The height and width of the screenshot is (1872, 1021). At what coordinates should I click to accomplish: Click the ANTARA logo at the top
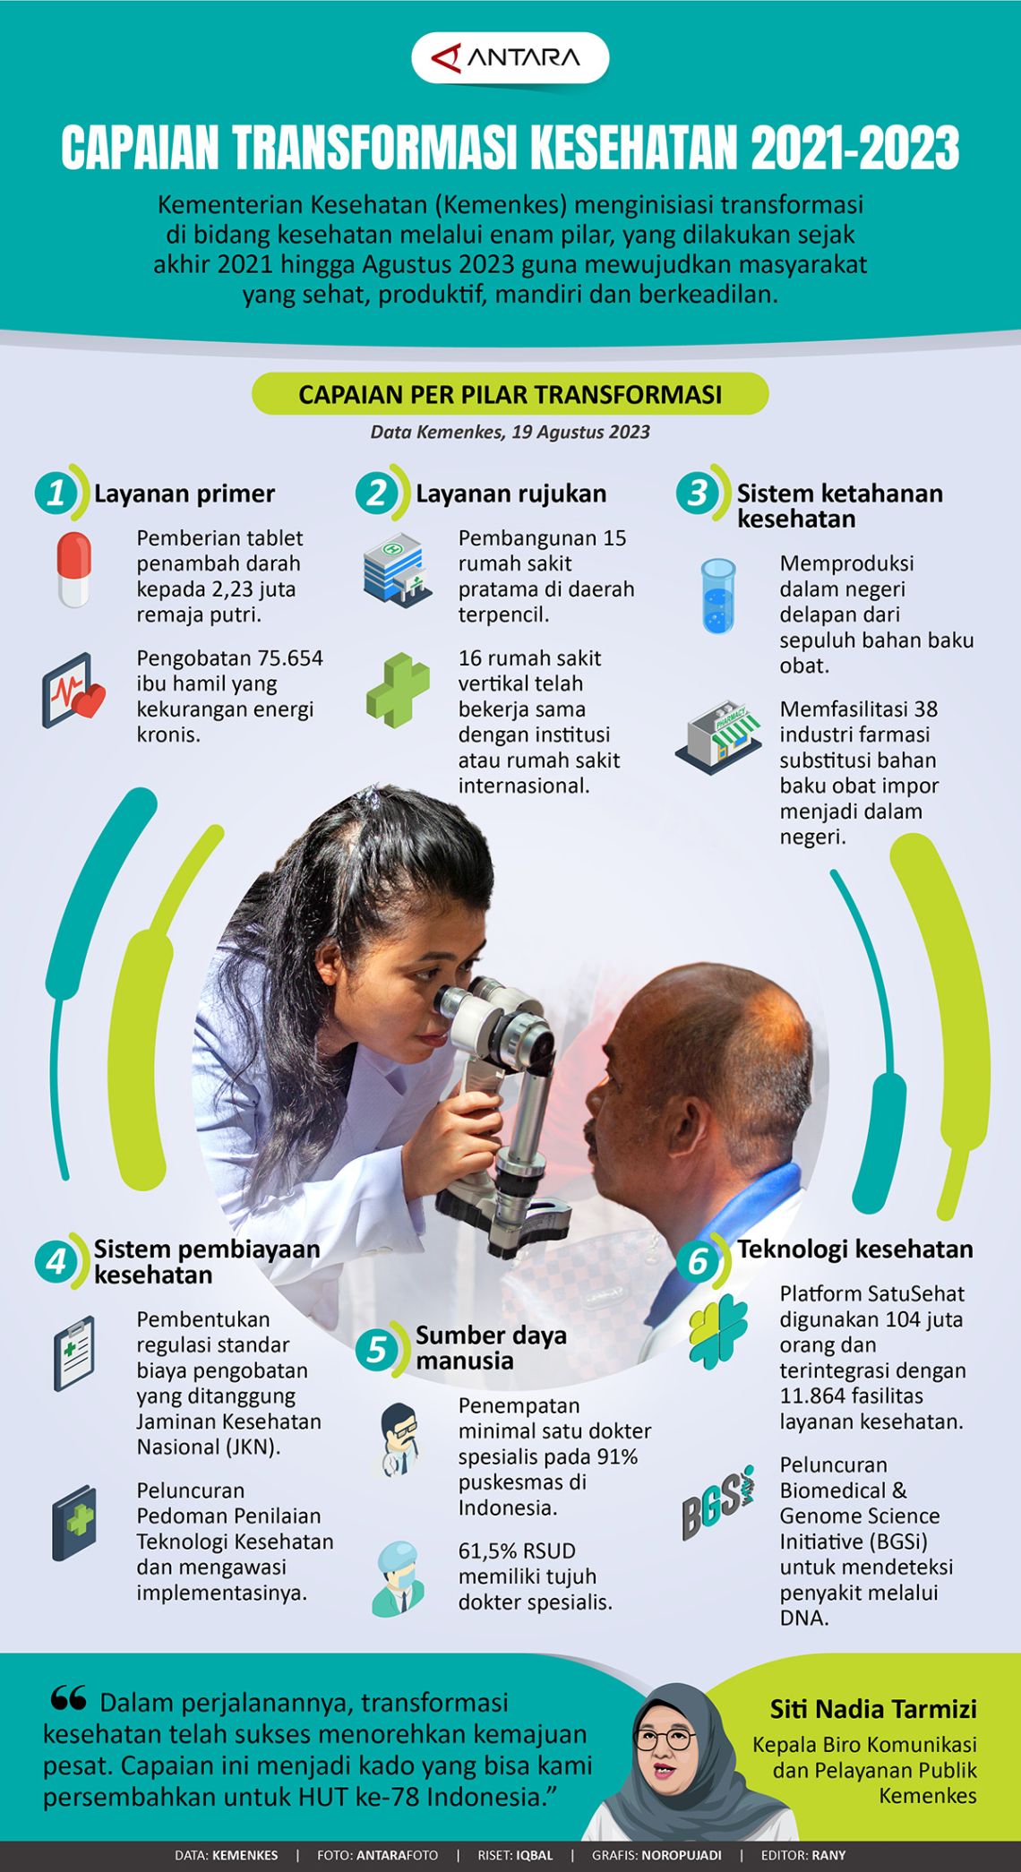[510, 58]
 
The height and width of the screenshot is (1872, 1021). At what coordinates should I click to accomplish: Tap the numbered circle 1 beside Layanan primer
[56, 493]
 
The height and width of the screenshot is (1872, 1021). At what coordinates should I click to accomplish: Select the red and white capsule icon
[74, 570]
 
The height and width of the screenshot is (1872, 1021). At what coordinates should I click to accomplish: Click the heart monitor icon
[73, 691]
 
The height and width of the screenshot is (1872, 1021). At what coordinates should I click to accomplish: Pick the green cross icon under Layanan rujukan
[398, 690]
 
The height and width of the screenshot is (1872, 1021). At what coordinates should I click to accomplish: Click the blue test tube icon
[718, 597]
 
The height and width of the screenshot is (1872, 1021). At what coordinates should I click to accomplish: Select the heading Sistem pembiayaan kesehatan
[207, 1261]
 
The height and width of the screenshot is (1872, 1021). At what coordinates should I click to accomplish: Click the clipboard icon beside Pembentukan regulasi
[73, 1353]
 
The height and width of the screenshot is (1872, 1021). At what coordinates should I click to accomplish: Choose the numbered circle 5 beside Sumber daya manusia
[377, 1348]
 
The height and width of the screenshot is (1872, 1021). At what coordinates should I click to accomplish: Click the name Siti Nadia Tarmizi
[873, 1709]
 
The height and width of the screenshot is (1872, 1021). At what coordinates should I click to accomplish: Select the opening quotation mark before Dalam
[68, 1697]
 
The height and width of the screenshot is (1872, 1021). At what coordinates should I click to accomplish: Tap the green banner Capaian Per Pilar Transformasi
[510, 394]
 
